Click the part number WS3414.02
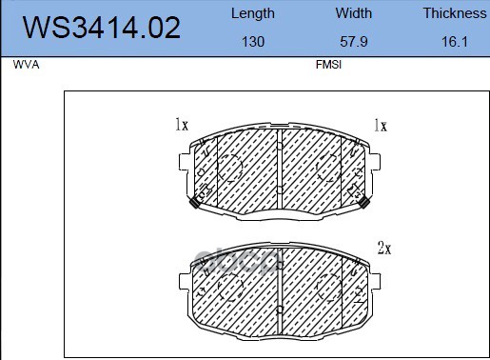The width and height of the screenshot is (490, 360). pos(102,28)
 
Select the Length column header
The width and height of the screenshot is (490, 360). pos(253,14)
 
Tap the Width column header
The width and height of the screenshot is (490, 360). pos(354,13)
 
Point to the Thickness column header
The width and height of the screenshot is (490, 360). pos(455,13)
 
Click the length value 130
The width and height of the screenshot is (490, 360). pos(253,42)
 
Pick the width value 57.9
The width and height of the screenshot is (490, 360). pos(354,42)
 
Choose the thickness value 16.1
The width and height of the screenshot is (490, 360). pos(455,42)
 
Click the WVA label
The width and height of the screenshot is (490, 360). pos(26,65)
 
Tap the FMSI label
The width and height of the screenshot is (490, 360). pos(328,65)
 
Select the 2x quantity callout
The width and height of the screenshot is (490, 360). pos(384,248)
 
